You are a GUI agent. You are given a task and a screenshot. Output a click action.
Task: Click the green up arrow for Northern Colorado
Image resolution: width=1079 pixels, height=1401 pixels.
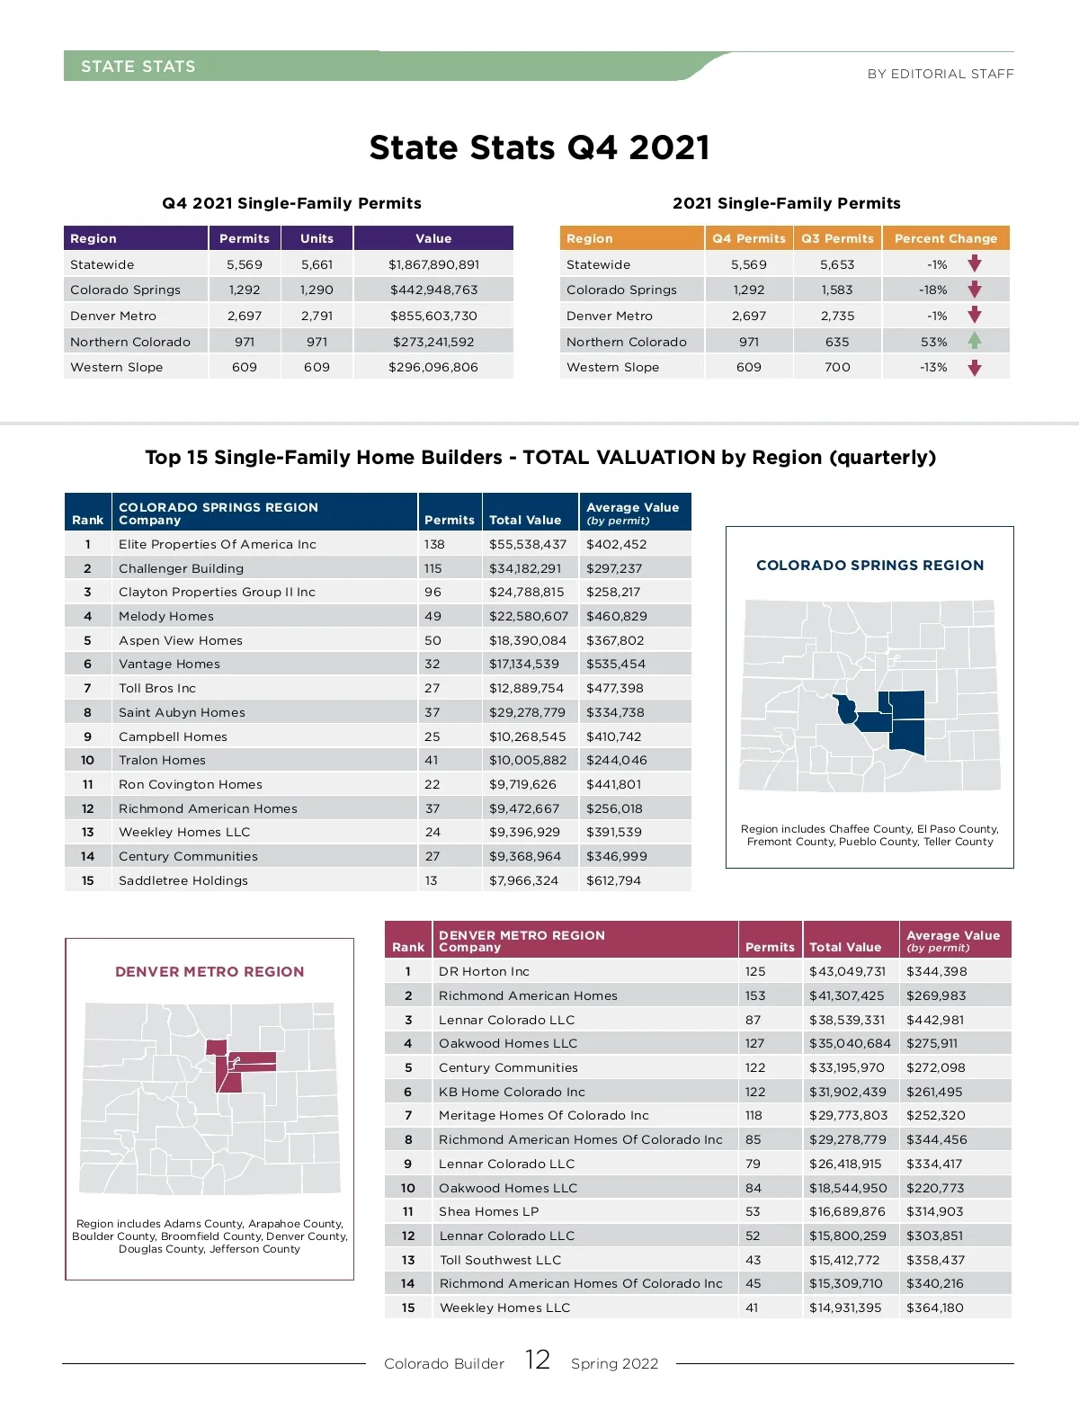(x=975, y=341)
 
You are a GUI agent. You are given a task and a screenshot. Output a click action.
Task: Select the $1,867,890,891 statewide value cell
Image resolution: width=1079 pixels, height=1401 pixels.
(x=433, y=264)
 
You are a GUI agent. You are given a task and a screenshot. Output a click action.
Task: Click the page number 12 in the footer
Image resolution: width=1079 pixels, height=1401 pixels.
(x=538, y=1360)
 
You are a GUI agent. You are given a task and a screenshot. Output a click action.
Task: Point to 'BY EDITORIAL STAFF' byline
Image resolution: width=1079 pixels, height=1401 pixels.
(x=940, y=74)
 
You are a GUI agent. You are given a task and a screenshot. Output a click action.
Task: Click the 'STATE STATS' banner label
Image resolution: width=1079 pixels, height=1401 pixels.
(x=138, y=67)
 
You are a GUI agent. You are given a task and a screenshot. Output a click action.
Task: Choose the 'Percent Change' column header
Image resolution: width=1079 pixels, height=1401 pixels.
(x=946, y=238)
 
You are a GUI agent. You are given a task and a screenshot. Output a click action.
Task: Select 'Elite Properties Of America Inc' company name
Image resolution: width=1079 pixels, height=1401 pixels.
(x=218, y=544)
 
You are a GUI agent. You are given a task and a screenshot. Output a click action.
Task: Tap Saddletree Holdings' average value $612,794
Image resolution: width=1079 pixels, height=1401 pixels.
(x=613, y=880)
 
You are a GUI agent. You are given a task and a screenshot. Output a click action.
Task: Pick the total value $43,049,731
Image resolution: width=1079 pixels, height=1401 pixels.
(x=847, y=971)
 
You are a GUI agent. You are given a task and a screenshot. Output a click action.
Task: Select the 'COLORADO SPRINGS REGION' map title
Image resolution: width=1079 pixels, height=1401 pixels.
(x=869, y=566)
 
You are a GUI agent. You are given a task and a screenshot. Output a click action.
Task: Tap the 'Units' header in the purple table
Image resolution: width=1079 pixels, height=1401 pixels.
(x=317, y=238)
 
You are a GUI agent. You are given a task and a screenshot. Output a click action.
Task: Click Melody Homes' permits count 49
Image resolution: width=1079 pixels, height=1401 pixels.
(x=433, y=616)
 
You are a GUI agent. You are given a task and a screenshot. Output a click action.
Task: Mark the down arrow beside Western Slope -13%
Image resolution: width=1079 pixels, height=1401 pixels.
(x=975, y=368)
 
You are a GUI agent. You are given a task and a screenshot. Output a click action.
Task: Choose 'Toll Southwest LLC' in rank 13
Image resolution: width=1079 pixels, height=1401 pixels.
(x=500, y=1260)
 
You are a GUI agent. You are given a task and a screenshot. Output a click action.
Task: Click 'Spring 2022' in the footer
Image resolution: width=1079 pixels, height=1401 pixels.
(x=614, y=1363)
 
